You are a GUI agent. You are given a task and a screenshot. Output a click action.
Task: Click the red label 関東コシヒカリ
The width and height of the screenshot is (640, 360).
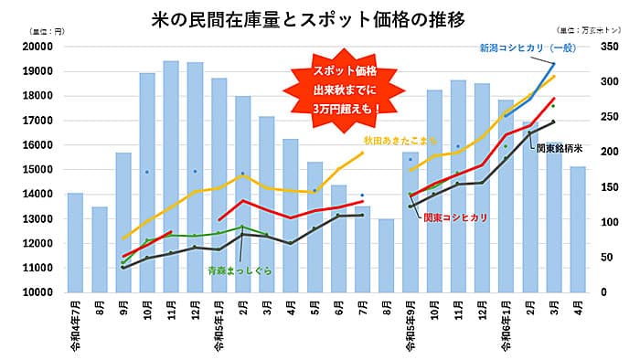454,217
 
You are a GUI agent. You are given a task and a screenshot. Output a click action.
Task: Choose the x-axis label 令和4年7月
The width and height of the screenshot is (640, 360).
76,321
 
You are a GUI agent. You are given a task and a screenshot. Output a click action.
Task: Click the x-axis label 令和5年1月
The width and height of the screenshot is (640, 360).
219,321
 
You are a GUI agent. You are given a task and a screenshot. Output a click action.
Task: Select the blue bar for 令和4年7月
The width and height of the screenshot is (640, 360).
75,242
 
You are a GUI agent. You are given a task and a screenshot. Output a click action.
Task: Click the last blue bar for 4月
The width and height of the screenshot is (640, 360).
577,228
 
